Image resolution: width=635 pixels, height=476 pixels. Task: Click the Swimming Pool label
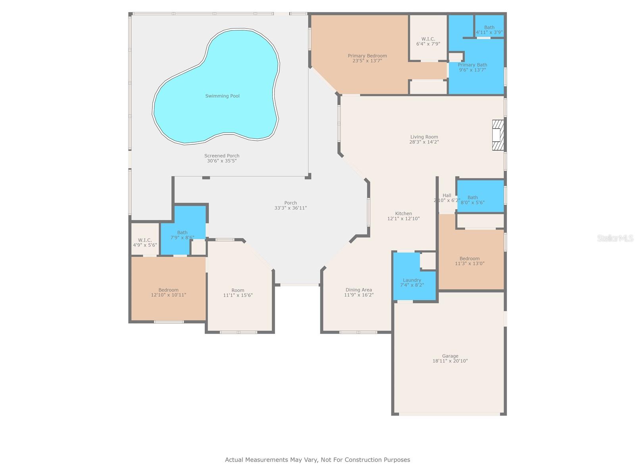[222, 96]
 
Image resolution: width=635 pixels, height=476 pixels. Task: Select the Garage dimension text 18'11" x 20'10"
[450, 361]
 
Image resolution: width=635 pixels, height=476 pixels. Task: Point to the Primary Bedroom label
[367, 56]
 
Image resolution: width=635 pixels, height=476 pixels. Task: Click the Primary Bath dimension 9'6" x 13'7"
[472, 70]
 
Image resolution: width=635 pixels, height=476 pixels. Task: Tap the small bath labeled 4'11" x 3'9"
[489, 30]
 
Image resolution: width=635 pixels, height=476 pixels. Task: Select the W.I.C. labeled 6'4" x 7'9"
[428, 41]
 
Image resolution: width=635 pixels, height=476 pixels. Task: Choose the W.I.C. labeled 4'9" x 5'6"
[145, 242]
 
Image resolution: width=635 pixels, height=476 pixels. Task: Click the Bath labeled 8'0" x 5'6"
[472, 200]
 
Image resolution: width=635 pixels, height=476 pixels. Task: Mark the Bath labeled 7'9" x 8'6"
[182, 235]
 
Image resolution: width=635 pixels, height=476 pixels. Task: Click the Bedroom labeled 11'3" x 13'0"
[470, 261]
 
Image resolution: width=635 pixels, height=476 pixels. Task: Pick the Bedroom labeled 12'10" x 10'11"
[168, 292]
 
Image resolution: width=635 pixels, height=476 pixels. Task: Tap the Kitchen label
[403, 213]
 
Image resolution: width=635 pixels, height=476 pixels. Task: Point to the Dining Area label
[358, 290]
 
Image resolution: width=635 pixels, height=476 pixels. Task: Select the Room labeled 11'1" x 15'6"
[238, 293]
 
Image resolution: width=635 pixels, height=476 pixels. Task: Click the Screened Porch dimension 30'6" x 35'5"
[222, 161]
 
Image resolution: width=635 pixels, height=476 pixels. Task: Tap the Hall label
[447, 196]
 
